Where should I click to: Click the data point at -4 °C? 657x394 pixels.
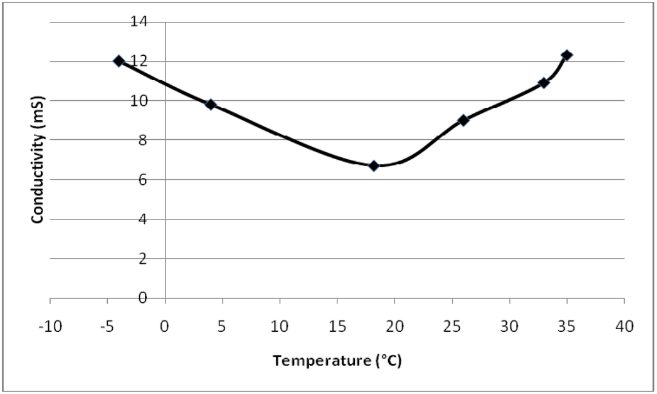(119, 61)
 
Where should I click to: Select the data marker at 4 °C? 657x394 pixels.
(210, 104)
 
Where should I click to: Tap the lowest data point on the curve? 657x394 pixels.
(373, 166)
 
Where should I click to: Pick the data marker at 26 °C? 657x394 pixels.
(463, 120)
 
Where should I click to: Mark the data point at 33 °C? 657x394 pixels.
(543, 83)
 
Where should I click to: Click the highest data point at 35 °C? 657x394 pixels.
(567, 55)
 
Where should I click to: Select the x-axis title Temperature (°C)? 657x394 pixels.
(337, 361)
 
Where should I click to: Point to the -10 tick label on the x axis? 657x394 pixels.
(49, 327)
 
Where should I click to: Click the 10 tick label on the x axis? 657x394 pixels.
(280, 327)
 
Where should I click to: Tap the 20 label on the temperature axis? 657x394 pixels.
(395, 327)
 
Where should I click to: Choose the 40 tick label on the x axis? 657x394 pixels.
(624, 327)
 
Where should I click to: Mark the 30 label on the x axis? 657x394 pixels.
(509, 327)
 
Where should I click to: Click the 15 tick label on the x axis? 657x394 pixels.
(337, 327)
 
